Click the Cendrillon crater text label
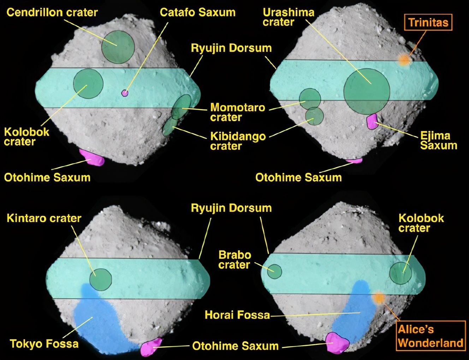pos(52,12)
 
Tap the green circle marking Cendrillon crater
pos(118,47)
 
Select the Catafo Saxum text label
pos(197,12)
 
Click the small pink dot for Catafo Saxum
pos(125,93)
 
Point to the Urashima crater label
pos(289,17)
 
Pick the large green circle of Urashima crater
pos(367,91)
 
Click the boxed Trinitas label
pos(428,22)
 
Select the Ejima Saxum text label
pos(439,140)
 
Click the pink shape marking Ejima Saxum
pos(372,121)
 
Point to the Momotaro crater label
pos(238,112)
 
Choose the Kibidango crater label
pos(238,141)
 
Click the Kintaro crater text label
pos(44,218)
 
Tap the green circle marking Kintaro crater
pos(101,280)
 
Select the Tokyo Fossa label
pos(44,343)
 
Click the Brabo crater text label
pos(235,260)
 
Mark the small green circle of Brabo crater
pos(274,271)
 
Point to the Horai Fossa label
pos(237,315)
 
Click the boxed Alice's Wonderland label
pos(431,336)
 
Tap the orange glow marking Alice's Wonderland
pos(378,298)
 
